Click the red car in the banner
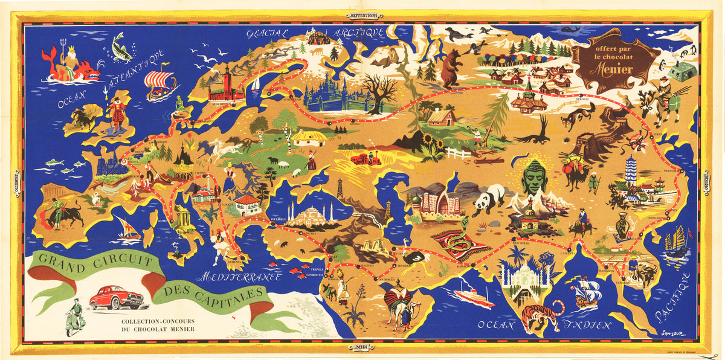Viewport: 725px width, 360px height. coord(116,297)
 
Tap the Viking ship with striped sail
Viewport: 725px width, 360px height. coord(160,85)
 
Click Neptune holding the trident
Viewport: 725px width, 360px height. coord(56,59)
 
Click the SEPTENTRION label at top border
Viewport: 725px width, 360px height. coord(361,16)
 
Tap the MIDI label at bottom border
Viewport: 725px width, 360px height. coord(362,346)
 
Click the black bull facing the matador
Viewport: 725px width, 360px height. coord(71,213)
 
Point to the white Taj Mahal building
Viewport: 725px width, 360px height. coord(524,278)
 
